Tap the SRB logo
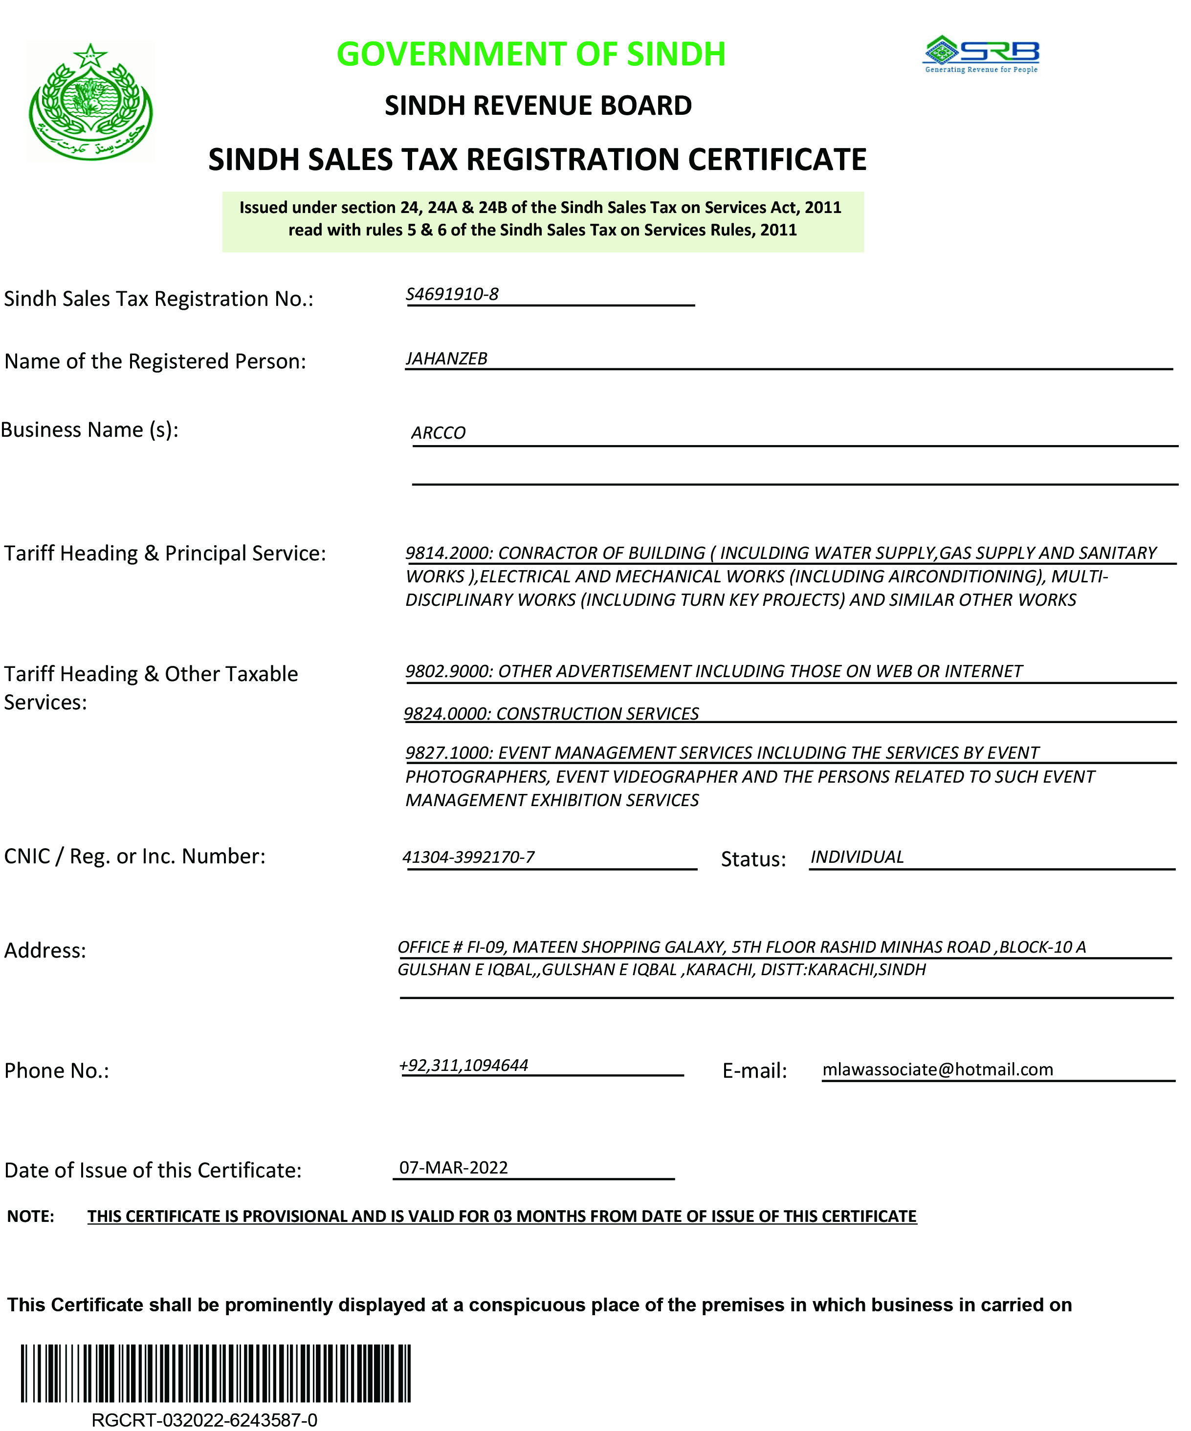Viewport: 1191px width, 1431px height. [x=981, y=54]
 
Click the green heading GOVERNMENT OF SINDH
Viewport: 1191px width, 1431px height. [x=531, y=55]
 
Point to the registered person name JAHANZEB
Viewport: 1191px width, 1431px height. [x=446, y=359]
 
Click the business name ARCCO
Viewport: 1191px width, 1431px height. [x=439, y=433]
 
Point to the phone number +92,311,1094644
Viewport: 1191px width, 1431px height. [x=463, y=1065]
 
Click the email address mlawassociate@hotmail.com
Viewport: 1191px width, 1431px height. [x=937, y=1069]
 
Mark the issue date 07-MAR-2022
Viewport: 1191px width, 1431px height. [x=453, y=1167]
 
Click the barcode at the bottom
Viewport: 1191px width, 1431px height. [x=216, y=1372]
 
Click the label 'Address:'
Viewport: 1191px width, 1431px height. [x=45, y=951]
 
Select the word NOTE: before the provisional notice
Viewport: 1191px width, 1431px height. [x=31, y=1217]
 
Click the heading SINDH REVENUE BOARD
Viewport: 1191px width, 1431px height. [x=538, y=106]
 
